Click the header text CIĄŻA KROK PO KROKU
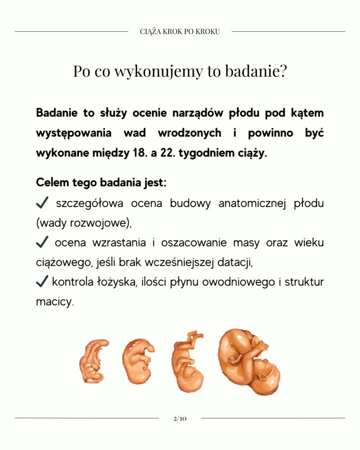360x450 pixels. coord(180,32)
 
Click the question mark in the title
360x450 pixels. coord(282,72)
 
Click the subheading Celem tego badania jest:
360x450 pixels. coord(101,182)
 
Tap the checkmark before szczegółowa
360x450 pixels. coord(42,203)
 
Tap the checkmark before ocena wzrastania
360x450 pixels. coord(42,242)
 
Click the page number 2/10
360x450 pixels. coord(180,418)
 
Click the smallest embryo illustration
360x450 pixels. coord(94,361)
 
